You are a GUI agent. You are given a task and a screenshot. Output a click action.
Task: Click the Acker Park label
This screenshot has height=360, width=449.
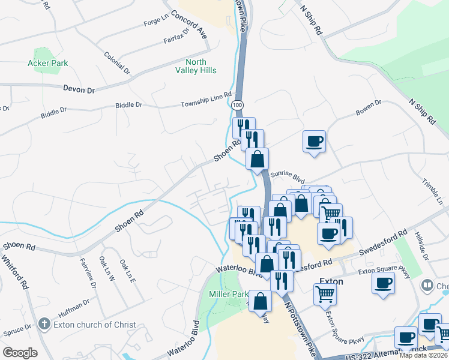[x=47, y=63]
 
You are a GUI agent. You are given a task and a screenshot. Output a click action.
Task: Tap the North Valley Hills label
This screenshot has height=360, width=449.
[x=196, y=66]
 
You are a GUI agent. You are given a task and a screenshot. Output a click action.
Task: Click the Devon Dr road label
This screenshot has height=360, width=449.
[x=79, y=89]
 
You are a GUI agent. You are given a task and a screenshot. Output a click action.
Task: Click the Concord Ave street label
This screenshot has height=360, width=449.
[x=188, y=25]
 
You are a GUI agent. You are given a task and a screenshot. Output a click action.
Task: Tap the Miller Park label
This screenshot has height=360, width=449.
[x=228, y=295]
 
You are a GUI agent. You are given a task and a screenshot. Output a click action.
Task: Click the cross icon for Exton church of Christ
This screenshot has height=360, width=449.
[x=43, y=325]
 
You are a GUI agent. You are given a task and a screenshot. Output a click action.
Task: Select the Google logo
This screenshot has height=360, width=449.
[x=20, y=352]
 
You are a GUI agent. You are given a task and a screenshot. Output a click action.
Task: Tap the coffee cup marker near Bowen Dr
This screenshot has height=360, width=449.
[x=314, y=142]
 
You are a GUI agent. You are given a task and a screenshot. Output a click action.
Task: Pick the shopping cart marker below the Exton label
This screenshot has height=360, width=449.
[x=325, y=294]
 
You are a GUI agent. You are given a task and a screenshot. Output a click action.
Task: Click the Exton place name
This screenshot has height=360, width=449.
[x=331, y=281]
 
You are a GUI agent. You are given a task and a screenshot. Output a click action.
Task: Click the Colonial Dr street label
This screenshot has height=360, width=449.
[x=117, y=62]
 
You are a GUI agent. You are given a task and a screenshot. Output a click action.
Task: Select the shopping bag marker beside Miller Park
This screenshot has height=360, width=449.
[x=261, y=302]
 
